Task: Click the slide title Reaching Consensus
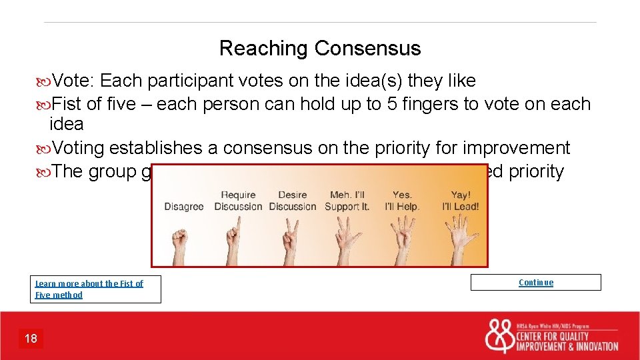click(x=320, y=48)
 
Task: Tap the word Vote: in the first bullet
click(x=75, y=81)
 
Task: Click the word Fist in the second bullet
click(x=67, y=104)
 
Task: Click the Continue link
click(x=535, y=282)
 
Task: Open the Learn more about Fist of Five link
click(x=89, y=289)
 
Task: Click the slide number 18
click(x=31, y=339)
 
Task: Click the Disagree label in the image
click(x=184, y=207)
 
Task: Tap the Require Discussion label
click(x=238, y=201)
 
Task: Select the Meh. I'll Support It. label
click(x=347, y=201)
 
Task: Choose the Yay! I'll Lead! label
click(x=460, y=201)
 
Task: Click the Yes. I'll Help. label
click(x=402, y=201)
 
